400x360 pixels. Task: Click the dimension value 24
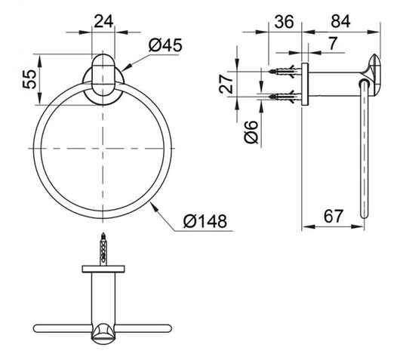[103, 21]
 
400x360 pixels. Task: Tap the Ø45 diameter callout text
[165, 45]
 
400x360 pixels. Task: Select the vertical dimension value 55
[30, 79]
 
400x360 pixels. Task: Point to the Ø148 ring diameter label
[205, 221]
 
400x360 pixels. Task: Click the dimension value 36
[285, 22]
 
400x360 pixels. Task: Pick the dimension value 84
[340, 21]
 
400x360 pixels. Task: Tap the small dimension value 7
[333, 43]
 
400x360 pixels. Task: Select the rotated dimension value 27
[226, 84]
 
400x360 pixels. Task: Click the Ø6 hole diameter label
[251, 131]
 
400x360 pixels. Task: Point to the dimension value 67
[333, 216]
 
